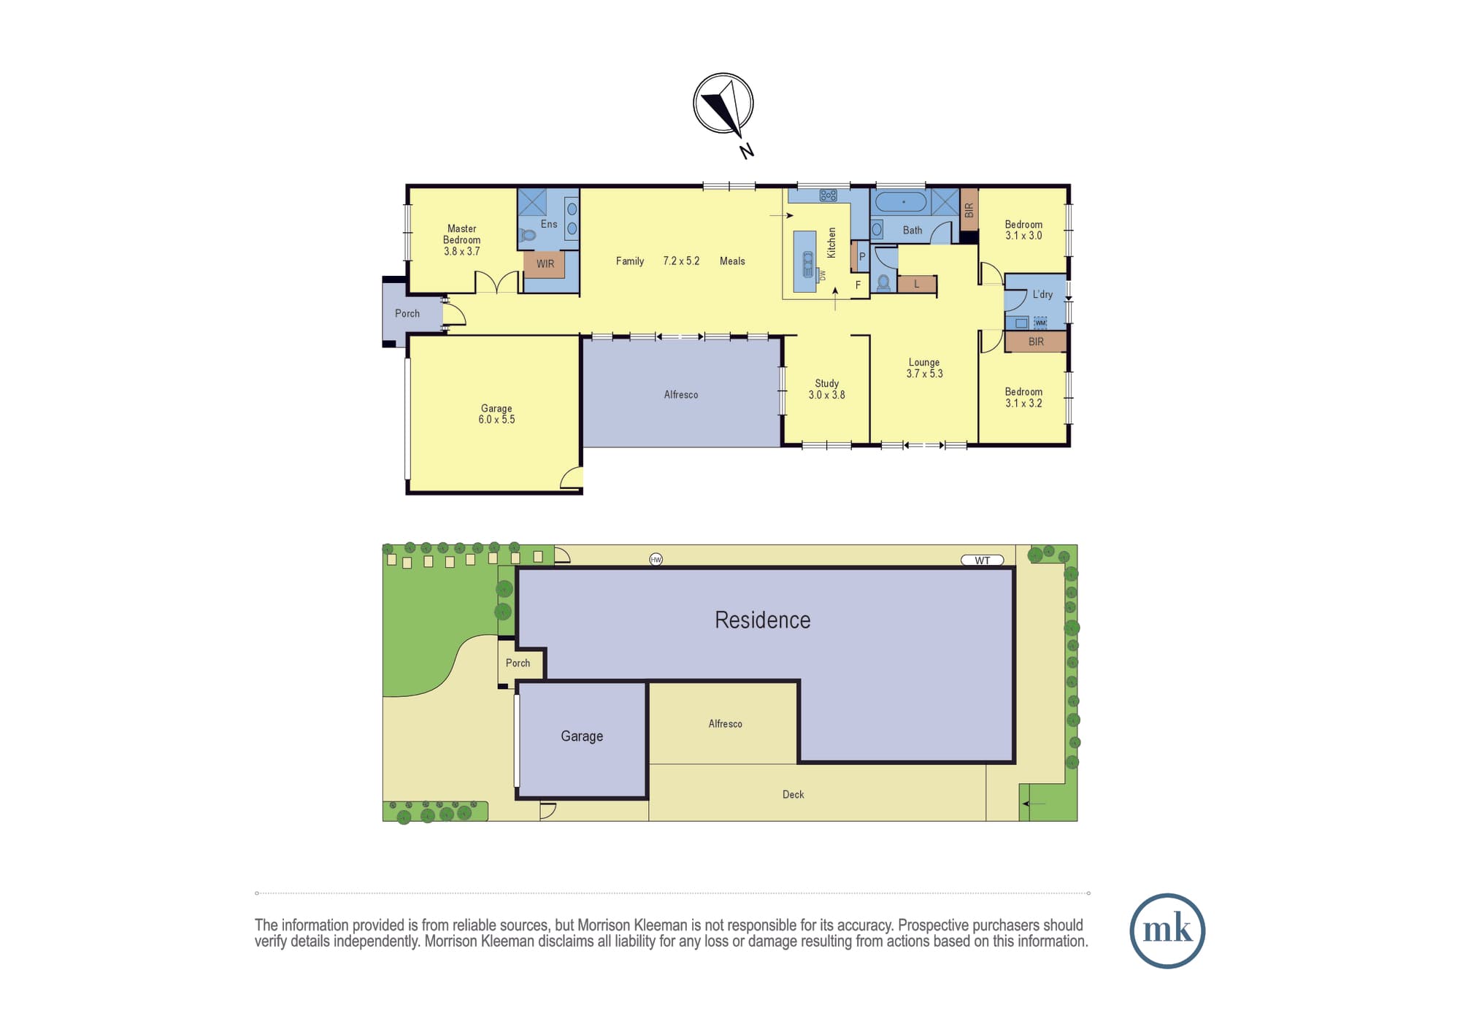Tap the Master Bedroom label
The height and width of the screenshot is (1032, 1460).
(462, 234)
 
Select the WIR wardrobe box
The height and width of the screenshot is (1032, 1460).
(545, 264)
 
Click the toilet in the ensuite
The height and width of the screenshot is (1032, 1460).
(528, 235)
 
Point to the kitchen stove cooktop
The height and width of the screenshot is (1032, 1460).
(828, 196)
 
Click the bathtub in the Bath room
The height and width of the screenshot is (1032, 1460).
(901, 202)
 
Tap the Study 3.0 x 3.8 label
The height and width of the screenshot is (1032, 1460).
(827, 389)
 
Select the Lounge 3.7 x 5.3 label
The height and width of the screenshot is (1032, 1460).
(924, 368)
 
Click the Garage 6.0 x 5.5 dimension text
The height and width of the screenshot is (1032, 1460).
(496, 420)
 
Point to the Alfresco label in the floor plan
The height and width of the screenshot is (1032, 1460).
(681, 395)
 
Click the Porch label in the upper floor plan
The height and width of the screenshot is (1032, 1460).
(407, 314)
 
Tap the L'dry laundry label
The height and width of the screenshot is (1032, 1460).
(1042, 294)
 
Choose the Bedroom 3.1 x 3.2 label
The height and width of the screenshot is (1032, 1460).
(1023, 398)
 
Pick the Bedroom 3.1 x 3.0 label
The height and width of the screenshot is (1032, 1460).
(1023, 230)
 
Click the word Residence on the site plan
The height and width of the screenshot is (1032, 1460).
(762, 620)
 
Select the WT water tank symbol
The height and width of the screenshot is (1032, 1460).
(983, 561)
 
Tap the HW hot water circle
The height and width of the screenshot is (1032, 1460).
(656, 560)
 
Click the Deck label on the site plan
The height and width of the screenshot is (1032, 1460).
(793, 795)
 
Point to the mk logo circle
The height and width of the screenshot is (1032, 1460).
(1167, 931)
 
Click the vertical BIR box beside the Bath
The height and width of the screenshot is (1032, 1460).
(969, 209)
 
